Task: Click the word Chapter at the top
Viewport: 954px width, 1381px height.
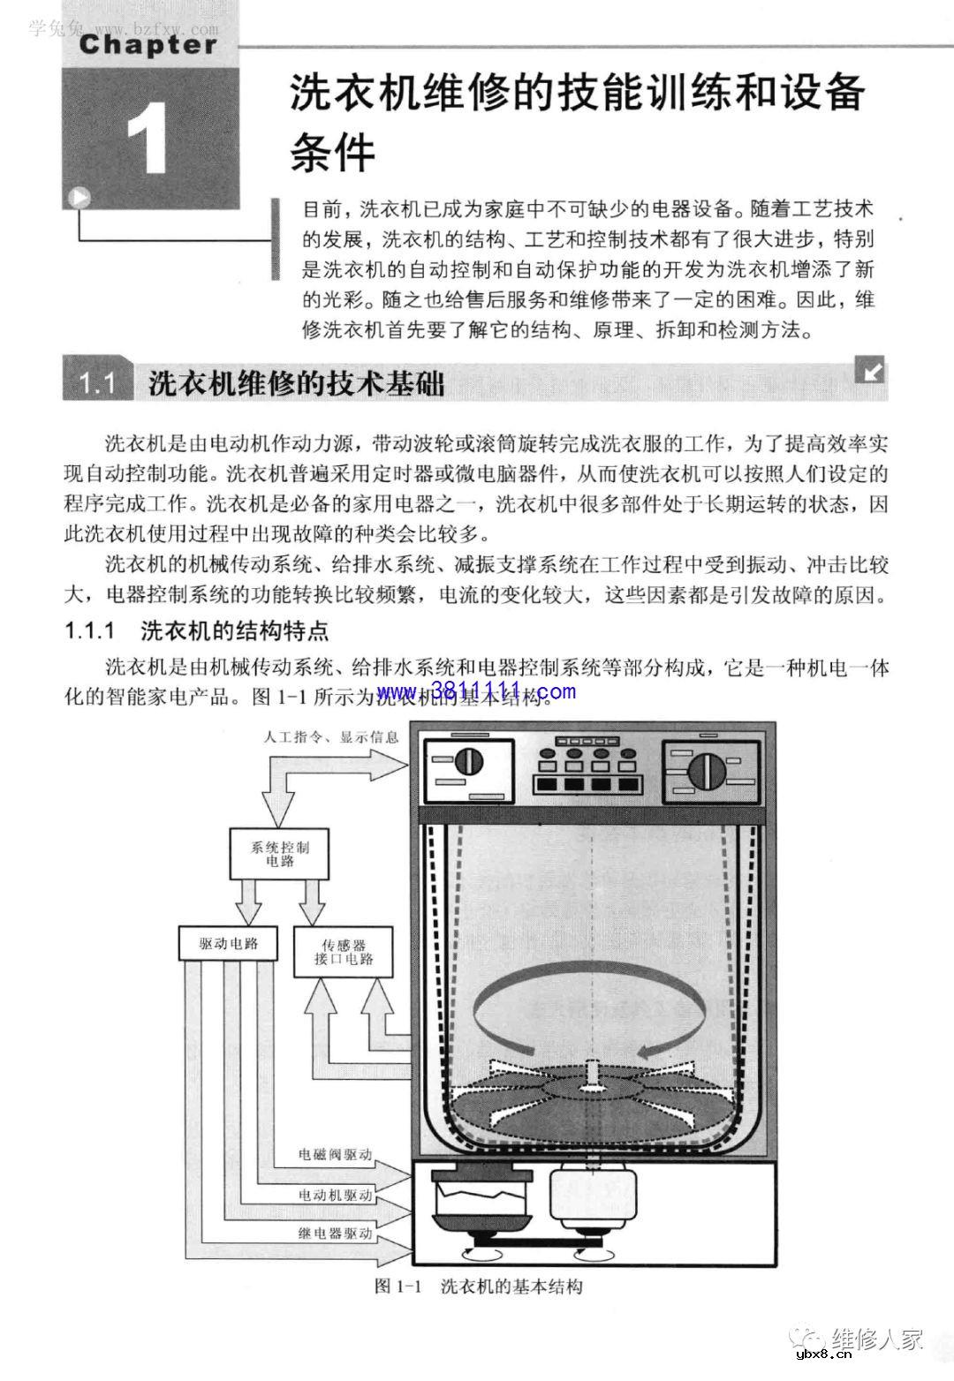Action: point(148,45)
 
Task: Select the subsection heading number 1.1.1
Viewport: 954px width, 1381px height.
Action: point(92,631)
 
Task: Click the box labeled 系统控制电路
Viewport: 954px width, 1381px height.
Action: point(280,853)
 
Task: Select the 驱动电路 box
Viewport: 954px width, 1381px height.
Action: point(229,942)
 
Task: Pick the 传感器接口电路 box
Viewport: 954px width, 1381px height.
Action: point(344,952)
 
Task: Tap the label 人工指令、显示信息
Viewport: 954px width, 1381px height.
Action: point(331,737)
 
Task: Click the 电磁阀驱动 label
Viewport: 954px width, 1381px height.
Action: point(335,1154)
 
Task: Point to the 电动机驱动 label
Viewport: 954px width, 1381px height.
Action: point(335,1195)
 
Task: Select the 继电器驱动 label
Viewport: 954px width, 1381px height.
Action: point(335,1234)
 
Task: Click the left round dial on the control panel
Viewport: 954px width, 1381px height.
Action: point(469,761)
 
